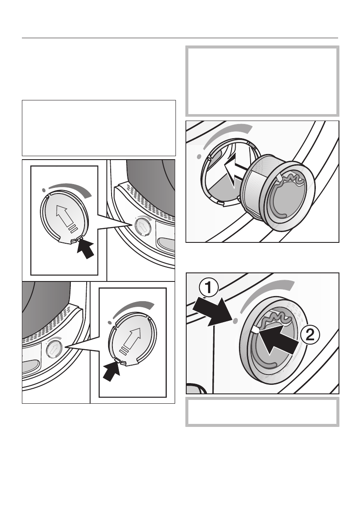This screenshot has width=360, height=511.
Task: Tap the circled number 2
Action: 310,335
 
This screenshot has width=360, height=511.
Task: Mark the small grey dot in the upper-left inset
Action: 43,190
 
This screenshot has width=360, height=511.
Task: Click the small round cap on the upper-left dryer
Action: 142,226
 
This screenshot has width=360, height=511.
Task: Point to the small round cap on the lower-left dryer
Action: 54,349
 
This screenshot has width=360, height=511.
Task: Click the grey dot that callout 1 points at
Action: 235,321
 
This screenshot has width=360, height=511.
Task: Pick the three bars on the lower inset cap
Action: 124,351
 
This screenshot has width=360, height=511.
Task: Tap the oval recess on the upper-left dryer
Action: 166,243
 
